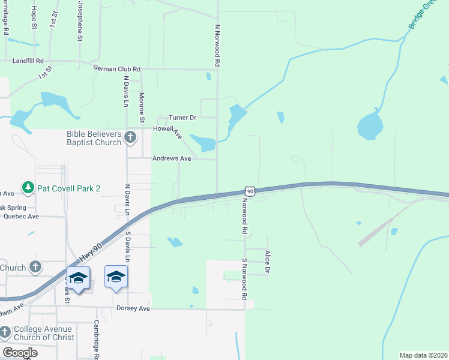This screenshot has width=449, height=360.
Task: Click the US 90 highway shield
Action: (250, 191)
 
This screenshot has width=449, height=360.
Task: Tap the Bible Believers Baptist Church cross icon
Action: (130, 139)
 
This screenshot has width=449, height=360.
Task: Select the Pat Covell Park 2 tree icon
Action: (28, 188)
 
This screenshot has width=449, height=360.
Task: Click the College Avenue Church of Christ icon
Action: (5, 332)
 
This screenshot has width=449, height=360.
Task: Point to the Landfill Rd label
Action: (28, 61)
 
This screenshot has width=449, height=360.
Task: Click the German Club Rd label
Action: (116, 69)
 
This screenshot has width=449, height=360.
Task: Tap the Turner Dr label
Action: (182, 118)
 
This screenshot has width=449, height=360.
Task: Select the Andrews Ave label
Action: (172, 158)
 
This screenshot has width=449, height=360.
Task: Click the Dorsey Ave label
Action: (133, 308)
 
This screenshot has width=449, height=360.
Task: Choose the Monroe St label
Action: (142, 107)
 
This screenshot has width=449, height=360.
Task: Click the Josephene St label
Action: (80, 20)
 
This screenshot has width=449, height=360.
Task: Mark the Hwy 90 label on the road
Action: (89, 252)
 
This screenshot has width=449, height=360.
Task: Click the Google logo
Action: (20, 353)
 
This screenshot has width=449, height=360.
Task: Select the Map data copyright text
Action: (423, 355)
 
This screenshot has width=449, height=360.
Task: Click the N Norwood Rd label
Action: (218, 46)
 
